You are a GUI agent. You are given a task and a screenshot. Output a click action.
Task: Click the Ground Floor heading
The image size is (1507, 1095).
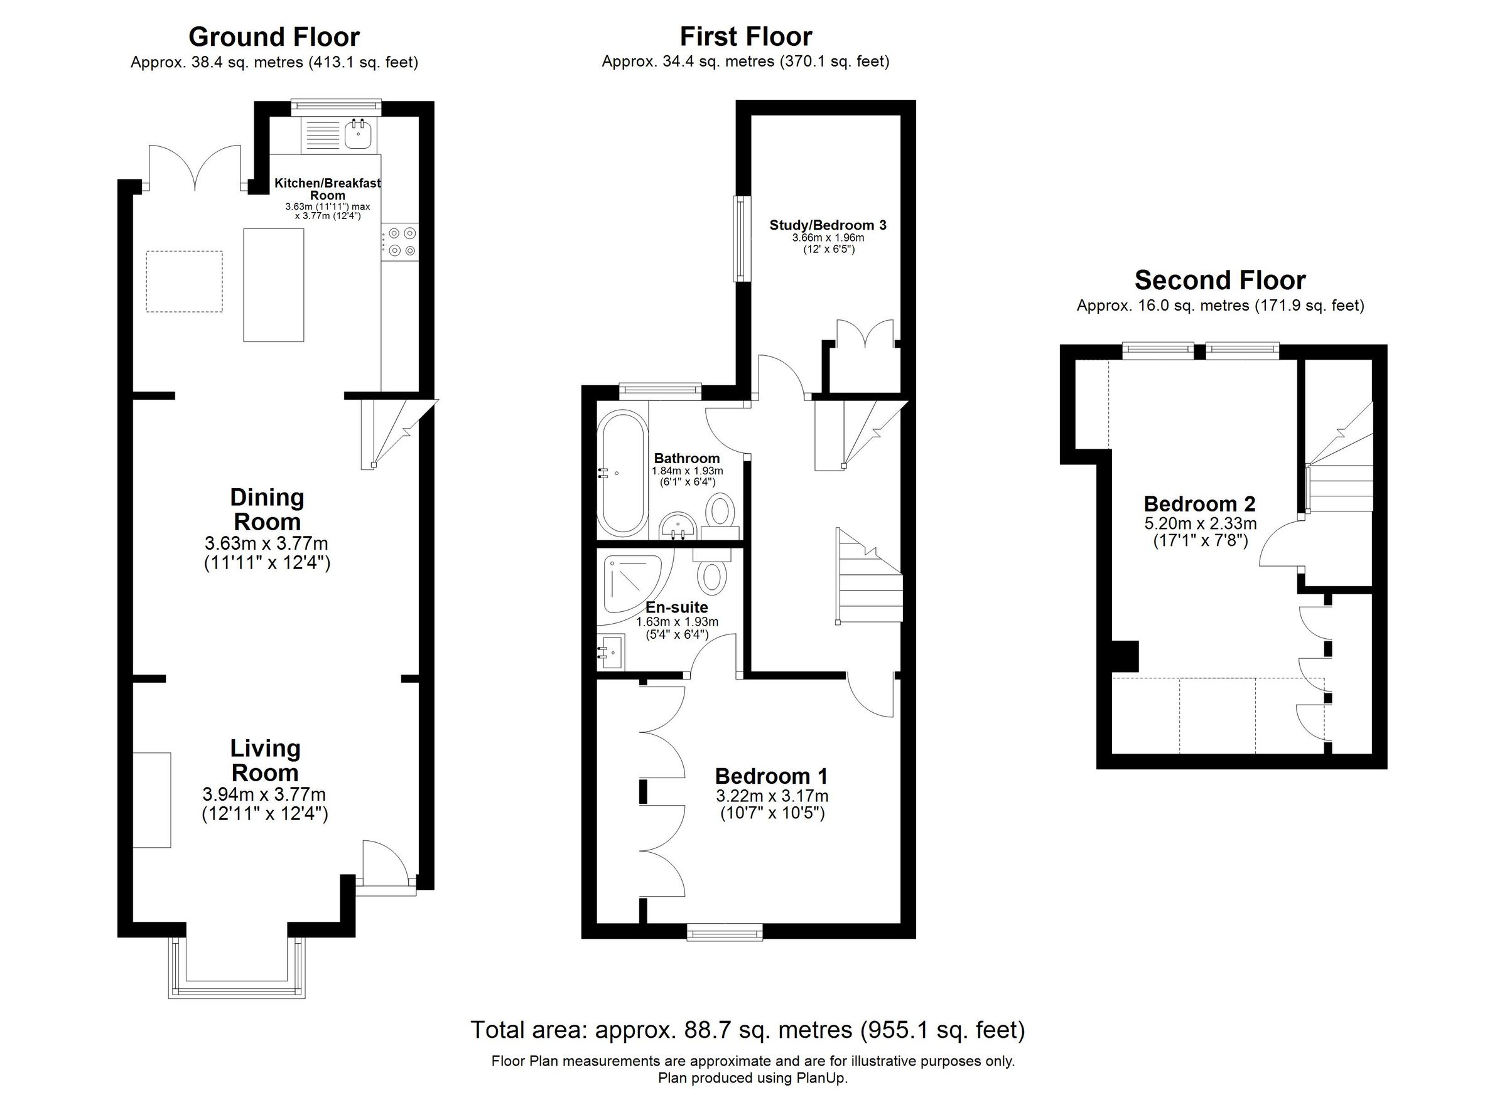pos(274,37)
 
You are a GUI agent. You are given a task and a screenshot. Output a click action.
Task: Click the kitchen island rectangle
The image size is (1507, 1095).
pos(273,285)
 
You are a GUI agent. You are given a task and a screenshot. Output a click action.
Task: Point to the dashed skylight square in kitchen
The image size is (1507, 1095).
pos(184,281)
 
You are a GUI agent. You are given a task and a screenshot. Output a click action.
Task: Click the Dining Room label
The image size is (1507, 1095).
pos(266,510)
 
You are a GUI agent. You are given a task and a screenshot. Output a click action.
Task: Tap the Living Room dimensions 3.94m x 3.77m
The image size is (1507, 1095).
pos(264,794)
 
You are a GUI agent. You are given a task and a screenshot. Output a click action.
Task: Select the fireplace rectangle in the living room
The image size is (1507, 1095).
pos(151,799)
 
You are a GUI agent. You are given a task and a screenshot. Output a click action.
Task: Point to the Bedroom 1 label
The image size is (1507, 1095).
pos(771,776)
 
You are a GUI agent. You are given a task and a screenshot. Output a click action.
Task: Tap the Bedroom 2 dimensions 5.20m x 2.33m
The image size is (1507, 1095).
pos(1200,523)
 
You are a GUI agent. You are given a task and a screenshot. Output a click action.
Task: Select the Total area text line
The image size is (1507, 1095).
pos(747,1030)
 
